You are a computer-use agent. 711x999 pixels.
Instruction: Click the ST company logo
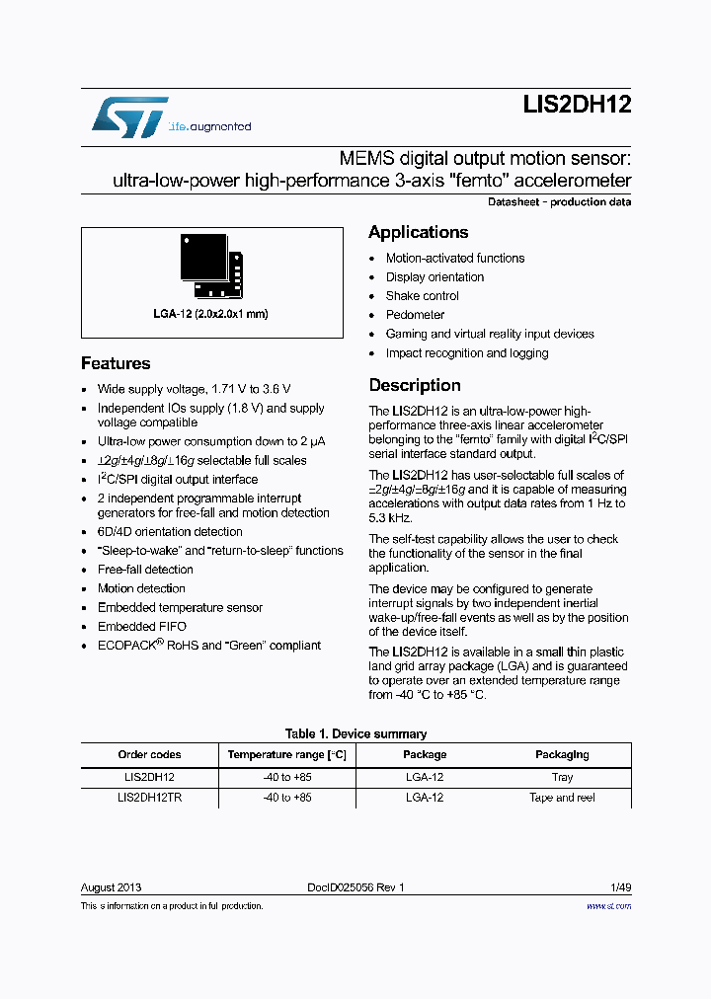pos(129,116)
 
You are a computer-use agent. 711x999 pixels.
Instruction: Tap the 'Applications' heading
pos(418,232)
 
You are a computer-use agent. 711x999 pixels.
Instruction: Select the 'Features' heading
pos(116,363)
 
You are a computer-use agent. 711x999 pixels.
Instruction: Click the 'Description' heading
pos(415,385)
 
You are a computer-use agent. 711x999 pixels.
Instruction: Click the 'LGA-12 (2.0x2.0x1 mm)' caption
pos(211,314)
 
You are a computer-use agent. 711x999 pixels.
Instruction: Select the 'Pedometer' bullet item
pos(415,315)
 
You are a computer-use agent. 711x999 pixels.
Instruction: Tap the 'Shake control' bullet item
pos(422,296)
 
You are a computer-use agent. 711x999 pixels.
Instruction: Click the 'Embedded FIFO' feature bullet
pos(141,627)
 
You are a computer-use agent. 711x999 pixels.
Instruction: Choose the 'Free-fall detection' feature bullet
pos(145,570)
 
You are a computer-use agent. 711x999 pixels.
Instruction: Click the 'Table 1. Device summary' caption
pos(355,734)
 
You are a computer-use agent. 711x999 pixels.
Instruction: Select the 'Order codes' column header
pos(149,755)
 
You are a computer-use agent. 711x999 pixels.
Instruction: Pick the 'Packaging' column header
pos(562,755)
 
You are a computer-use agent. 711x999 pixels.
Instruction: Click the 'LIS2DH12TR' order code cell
pos(149,798)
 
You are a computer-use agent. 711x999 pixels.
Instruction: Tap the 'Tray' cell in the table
pos(562,778)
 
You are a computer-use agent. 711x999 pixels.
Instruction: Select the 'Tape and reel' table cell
pos(562,798)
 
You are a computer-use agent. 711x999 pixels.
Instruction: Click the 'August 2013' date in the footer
pos(112,887)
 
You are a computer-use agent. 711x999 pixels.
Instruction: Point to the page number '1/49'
pos(620,887)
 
